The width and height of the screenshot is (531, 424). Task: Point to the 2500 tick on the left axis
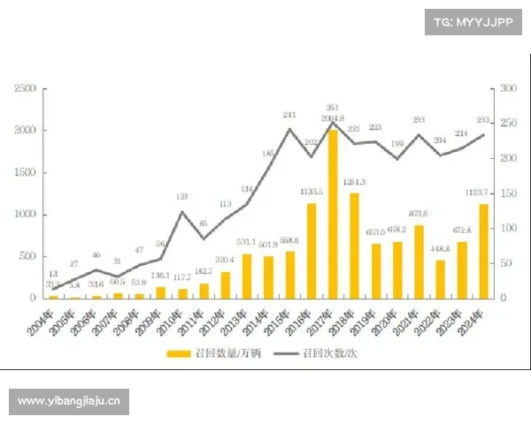[x=25, y=88]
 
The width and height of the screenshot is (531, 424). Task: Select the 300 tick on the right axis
[x=507, y=88]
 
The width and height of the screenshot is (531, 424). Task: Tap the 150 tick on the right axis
[x=507, y=193]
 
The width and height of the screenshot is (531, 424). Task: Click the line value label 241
[x=289, y=116]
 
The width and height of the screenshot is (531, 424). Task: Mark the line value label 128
[x=181, y=198]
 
